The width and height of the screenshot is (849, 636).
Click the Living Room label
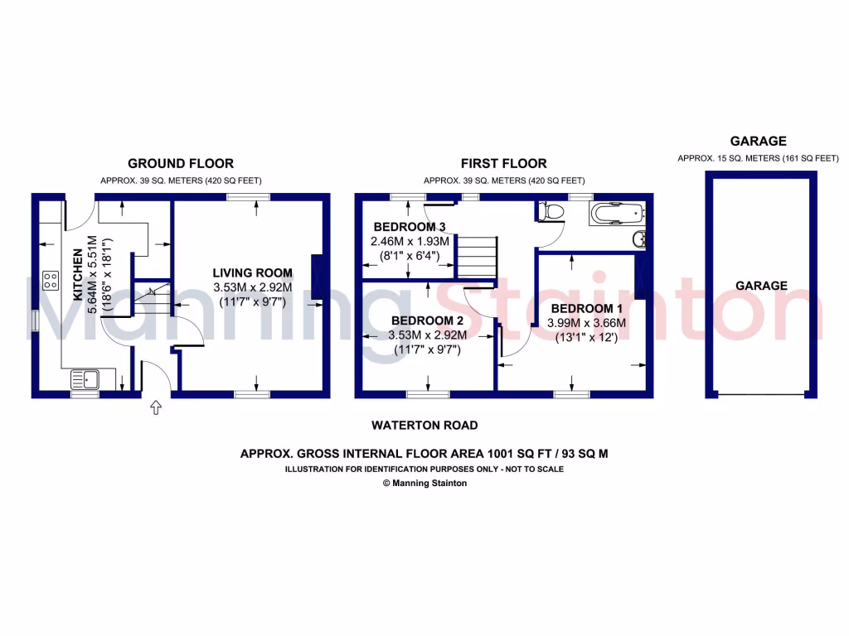252,272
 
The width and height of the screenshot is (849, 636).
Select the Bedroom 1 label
586,308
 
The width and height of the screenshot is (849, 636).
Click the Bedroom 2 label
427,320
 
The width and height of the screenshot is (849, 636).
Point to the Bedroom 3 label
410,227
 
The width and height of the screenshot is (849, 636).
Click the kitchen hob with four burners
50,280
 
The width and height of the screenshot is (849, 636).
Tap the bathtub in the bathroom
616,214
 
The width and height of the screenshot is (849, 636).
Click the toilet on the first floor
550,212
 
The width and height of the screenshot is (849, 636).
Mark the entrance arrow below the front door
156,407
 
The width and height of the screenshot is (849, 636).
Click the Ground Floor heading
180,164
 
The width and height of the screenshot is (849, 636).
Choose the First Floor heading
503,164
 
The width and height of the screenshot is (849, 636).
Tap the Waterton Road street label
424,426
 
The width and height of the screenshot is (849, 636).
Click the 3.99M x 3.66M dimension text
586,323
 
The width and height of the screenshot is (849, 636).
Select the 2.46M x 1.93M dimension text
410,242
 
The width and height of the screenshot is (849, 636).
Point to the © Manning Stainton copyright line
424,483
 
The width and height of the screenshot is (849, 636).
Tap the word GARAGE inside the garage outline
761,286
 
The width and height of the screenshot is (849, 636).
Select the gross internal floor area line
424,454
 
